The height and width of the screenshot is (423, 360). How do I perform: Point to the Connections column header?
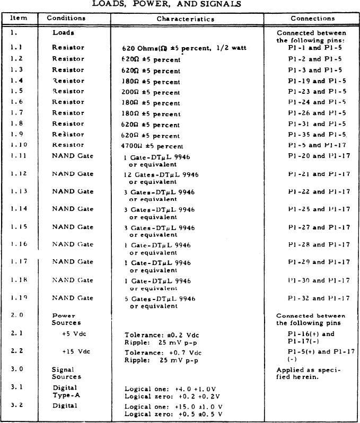click(x=312, y=19)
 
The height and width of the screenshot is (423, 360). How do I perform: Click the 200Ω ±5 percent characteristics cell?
click(x=151, y=92)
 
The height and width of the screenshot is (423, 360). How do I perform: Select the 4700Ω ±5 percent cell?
click(x=152, y=146)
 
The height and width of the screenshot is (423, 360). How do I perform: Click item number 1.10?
click(x=18, y=145)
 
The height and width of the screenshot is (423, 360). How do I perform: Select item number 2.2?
click(x=16, y=351)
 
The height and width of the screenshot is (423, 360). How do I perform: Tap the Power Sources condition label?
click(x=66, y=319)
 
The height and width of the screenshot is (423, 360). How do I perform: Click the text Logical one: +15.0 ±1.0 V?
click(x=173, y=406)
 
